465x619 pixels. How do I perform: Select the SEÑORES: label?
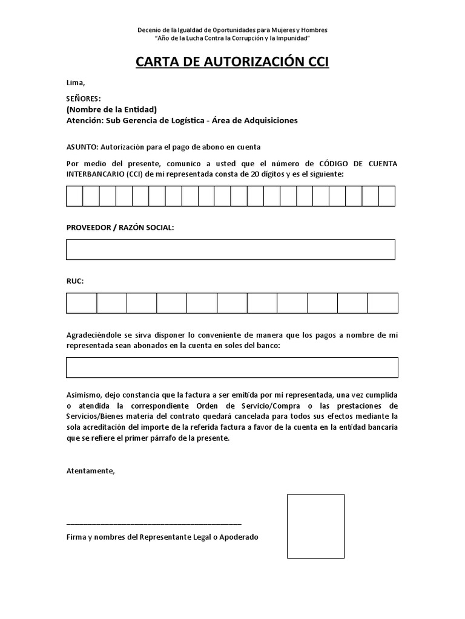click(x=84, y=99)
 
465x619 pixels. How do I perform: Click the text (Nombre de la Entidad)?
click(x=111, y=109)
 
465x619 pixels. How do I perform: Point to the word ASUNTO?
click(x=82, y=147)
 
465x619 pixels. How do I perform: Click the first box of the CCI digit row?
click(x=74, y=196)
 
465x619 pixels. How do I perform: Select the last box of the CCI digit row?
click(x=387, y=196)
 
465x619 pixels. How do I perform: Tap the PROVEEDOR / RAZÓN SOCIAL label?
click(x=120, y=227)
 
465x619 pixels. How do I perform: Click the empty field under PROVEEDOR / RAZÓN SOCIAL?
click(x=230, y=249)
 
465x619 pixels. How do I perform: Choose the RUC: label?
click(x=75, y=281)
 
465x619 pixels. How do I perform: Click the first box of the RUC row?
click(x=81, y=303)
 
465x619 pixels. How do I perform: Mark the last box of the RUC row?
click(x=383, y=303)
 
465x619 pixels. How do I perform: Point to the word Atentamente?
click(x=90, y=471)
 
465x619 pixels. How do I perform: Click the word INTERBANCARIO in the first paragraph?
click(x=94, y=174)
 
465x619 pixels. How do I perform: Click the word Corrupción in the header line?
click(x=244, y=37)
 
